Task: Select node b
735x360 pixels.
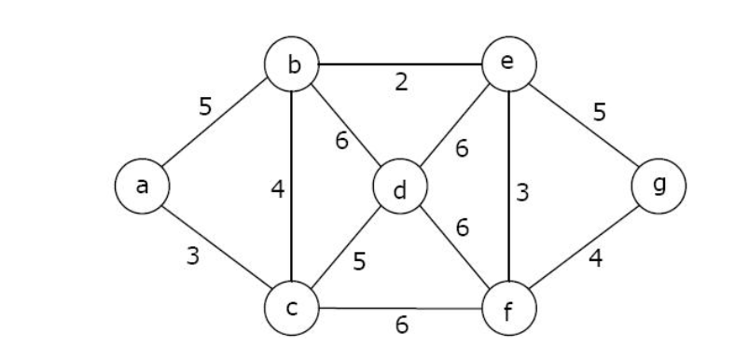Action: point(293,65)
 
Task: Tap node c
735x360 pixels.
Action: point(292,308)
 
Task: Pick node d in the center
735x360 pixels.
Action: point(400,189)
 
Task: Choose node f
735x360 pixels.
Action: point(509,310)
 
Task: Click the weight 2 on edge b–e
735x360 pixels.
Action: point(400,83)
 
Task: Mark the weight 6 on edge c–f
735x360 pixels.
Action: point(401,325)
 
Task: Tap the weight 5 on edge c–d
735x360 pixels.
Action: point(360,261)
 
